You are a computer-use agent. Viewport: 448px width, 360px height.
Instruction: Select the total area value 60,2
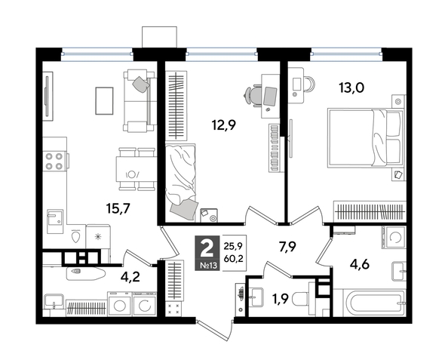click(x=232, y=257)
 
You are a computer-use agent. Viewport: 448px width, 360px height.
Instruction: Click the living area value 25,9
click(x=232, y=244)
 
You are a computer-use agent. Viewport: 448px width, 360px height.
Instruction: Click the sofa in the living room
click(x=137, y=99)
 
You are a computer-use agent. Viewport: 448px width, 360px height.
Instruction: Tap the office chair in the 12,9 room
click(x=254, y=96)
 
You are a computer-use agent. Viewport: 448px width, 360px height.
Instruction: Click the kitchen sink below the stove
click(x=55, y=220)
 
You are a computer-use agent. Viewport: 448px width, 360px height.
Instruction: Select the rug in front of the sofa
click(x=103, y=98)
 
